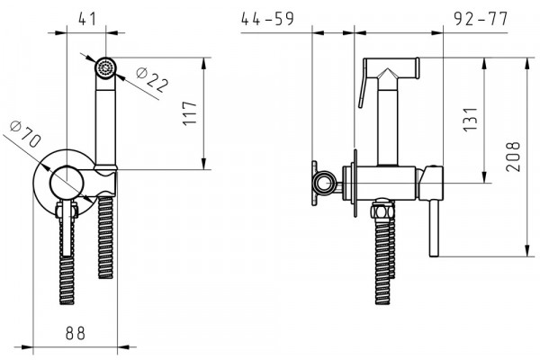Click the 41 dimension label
pyautogui.click(x=86, y=19)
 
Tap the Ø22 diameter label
pyautogui.click(x=153, y=79)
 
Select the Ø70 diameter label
pyautogui.click(x=25, y=134)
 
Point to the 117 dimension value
pyautogui.click(x=190, y=113)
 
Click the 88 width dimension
pyautogui.click(x=75, y=333)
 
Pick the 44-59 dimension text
pyautogui.click(x=267, y=19)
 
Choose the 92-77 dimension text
pyautogui.click(x=481, y=19)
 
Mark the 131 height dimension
pyautogui.click(x=471, y=120)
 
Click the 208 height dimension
pyautogui.click(x=513, y=156)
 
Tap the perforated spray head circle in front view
pyautogui.click(x=105, y=67)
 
